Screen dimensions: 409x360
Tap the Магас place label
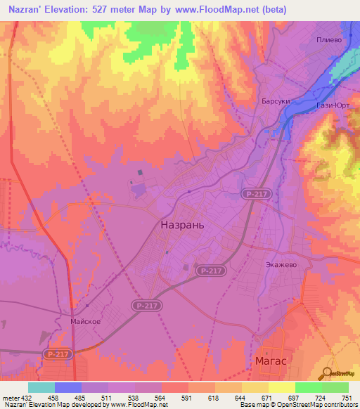270,361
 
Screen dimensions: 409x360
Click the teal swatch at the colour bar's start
41,387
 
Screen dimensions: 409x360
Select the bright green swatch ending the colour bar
335,387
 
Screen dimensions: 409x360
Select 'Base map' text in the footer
254,405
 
